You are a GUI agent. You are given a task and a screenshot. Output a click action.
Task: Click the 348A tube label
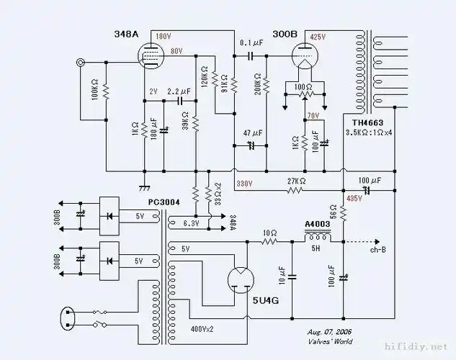coord(126,35)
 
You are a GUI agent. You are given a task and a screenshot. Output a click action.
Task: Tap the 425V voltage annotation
coord(318,36)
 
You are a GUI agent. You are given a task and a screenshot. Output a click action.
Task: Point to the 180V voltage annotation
coord(164,36)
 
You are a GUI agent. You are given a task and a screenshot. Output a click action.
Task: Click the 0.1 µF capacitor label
coord(250,43)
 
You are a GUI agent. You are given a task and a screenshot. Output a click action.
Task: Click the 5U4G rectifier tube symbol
coord(241,281)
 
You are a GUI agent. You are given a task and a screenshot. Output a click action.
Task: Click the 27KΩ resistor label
coord(296,181)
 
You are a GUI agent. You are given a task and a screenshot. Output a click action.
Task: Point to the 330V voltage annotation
coord(245,184)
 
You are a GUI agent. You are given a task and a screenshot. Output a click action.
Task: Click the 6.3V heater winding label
coord(191,222)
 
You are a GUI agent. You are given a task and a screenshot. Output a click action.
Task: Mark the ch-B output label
coord(378,251)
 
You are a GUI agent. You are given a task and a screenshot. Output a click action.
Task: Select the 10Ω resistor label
coord(269,233)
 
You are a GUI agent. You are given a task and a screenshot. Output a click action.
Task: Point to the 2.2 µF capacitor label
coord(179,92)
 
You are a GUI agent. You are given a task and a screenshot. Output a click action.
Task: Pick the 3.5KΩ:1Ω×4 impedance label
coord(369,134)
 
